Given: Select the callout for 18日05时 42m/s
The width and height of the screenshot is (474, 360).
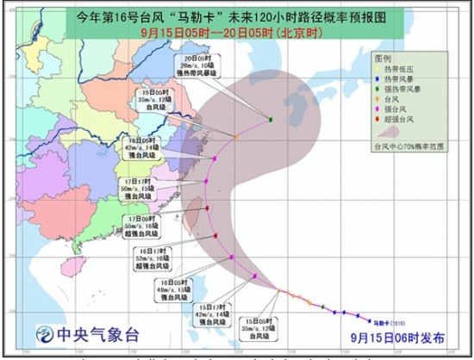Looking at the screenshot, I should coord(140,147).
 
